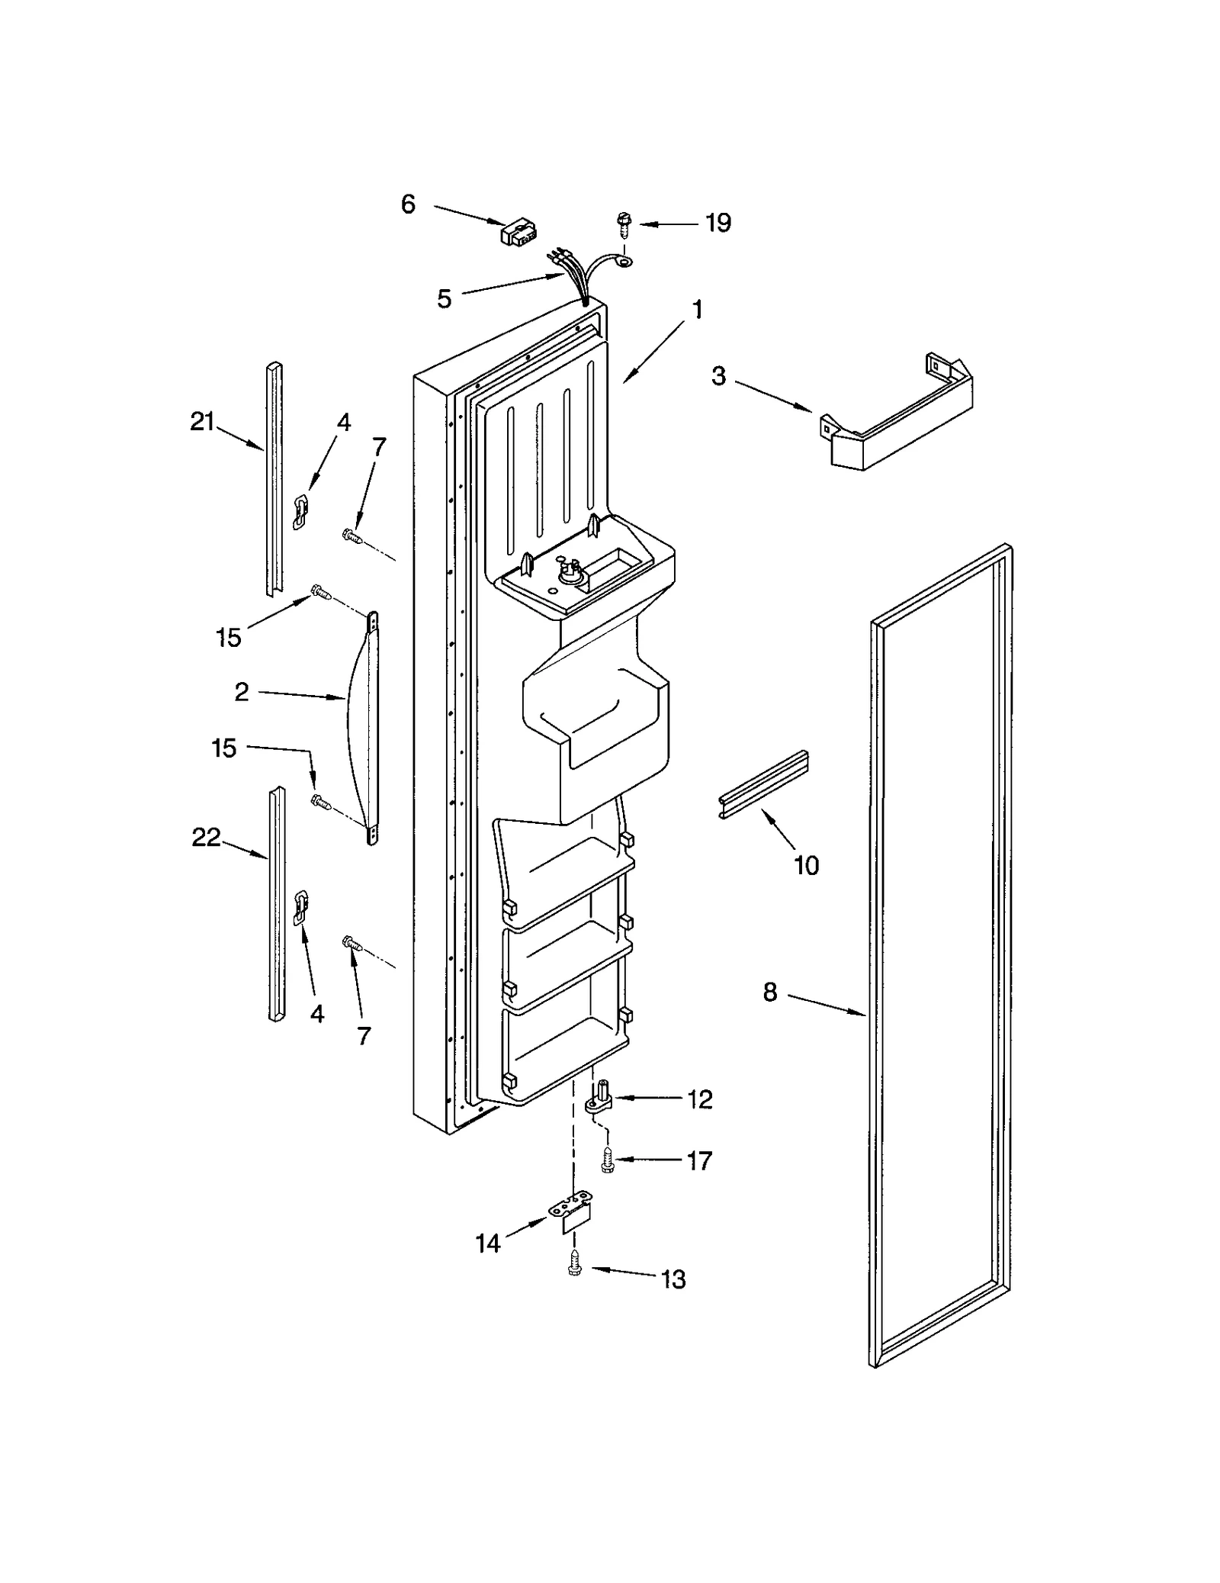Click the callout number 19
[718, 223]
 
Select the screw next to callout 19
[622, 224]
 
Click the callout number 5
[444, 298]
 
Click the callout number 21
[202, 421]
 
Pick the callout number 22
[205, 838]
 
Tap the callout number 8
[769, 993]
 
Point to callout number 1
[696, 310]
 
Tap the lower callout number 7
[364, 1035]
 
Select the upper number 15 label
[228, 637]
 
